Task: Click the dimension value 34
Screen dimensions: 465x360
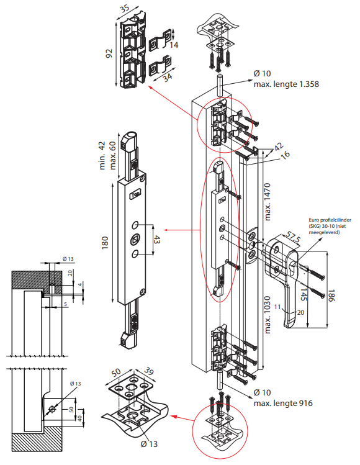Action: (167, 76)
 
